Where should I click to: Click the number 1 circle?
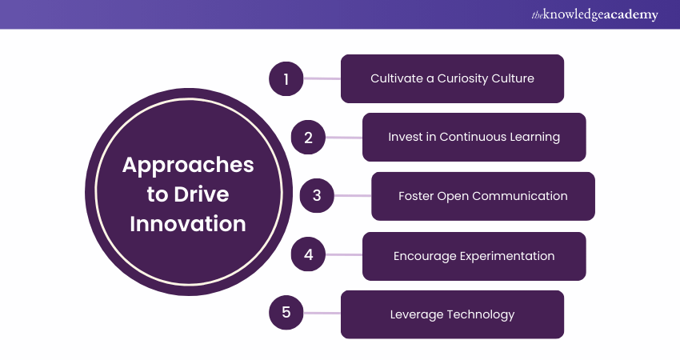tap(286, 78)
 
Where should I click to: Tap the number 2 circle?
tap(308, 137)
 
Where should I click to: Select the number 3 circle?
tap(317, 195)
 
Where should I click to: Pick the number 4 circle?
tap(308, 255)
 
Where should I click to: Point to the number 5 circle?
tap(286, 313)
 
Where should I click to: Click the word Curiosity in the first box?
tap(454, 78)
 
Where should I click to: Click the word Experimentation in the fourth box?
tap(508, 256)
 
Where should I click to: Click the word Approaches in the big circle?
tap(188, 165)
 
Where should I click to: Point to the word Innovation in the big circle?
tap(190, 224)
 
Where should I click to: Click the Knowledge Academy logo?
tap(594, 14)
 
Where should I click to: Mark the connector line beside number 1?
tap(322, 78)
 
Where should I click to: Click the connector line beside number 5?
tap(322, 313)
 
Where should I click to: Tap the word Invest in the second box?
tap(403, 137)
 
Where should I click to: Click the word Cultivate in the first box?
tap(396, 78)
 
